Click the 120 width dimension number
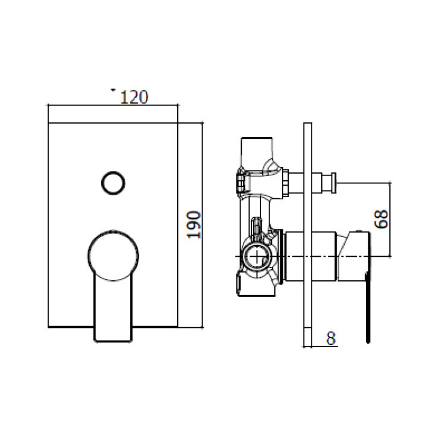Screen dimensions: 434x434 click(x=134, y=97)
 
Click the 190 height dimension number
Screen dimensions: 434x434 click(x=193, y=224)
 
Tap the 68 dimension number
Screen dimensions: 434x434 click(x=381, y=219)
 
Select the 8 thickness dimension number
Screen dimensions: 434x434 click(x=330, y=338)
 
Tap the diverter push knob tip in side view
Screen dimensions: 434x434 click(x=333, y=183)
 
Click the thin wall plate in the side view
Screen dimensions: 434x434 click(x=308, y=234)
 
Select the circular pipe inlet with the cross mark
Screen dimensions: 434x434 click(x=258, y=256)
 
